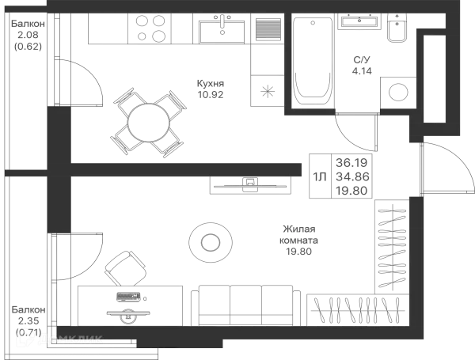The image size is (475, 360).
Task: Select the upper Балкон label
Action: [29, 35]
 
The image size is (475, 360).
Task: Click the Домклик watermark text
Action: [75, 340]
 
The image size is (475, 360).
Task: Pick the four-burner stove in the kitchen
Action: [152, 29]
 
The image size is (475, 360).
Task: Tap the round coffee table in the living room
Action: [210, 239]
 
